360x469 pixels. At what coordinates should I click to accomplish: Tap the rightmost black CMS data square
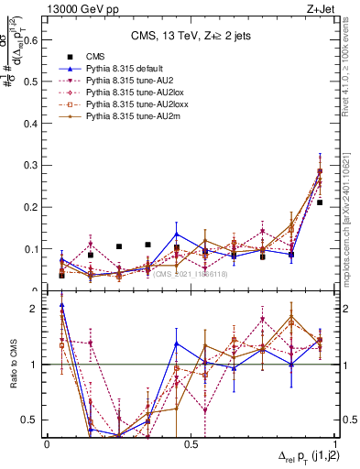(320, 202)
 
